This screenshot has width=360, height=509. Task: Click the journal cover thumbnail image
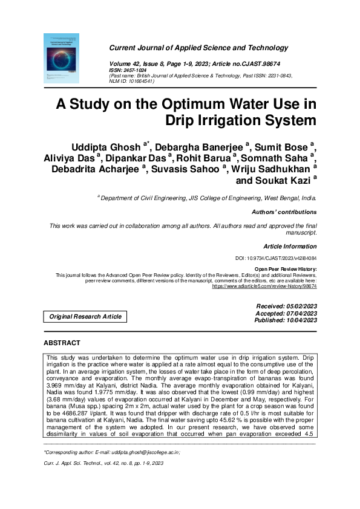(62, 58)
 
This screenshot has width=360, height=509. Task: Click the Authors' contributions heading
(284, 212)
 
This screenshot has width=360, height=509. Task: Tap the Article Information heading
(290, 247)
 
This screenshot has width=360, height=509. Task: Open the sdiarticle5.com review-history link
(264, 286)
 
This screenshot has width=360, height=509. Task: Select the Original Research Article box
(85, 316)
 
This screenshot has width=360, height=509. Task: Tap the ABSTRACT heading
(62, 343)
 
